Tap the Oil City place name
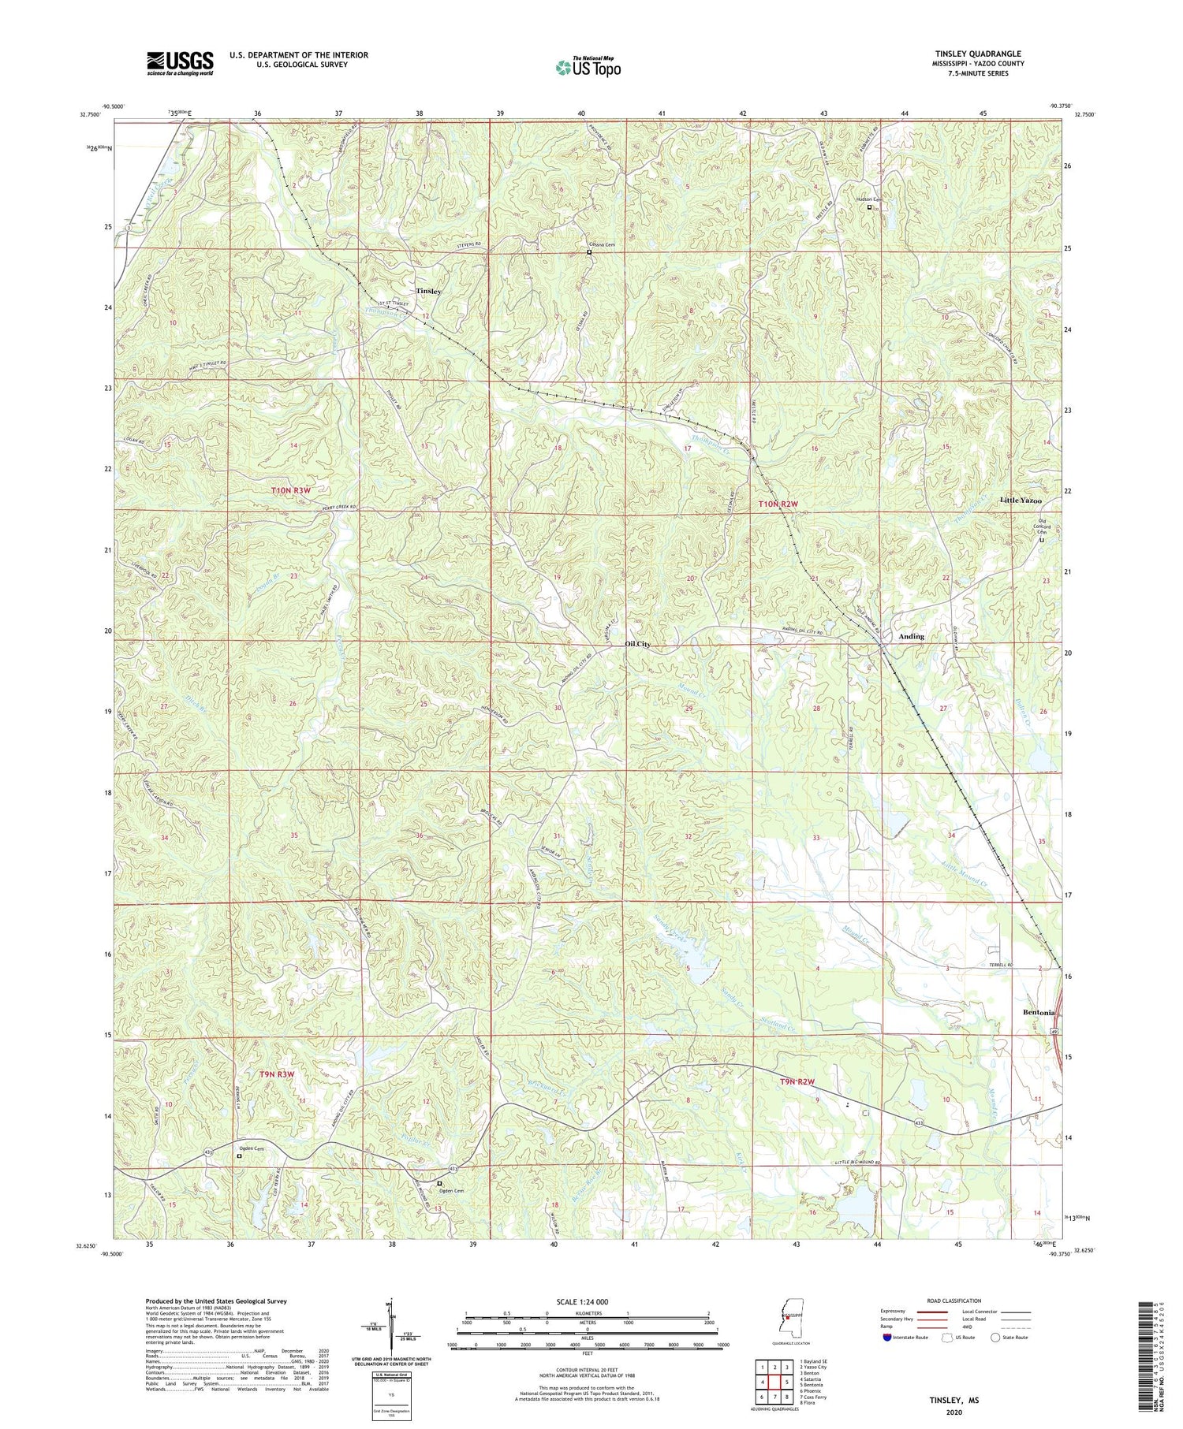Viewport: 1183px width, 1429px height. pos(637,644)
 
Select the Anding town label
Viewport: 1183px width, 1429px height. pos(911,636)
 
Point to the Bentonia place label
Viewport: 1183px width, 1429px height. pos(1038,1012)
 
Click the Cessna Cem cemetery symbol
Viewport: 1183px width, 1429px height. pos(589,253)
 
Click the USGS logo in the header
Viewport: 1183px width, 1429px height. pos(180,63)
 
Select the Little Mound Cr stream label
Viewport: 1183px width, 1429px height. pos(965,874)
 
